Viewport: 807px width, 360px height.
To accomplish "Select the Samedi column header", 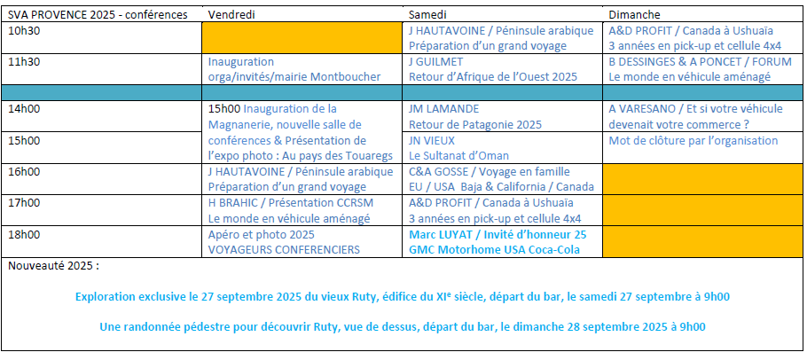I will pos(427,15).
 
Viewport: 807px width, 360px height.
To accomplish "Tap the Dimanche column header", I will pos(634,15).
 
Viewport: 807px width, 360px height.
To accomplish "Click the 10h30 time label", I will pos(23,30).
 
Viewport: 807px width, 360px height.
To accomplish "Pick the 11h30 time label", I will pos(23,62).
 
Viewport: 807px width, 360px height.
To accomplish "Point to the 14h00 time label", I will pos(23,109).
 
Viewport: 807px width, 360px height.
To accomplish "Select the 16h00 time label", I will pos(23,171).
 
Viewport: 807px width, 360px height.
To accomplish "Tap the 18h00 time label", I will pos(23,234).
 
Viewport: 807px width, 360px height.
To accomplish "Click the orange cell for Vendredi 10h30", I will pos(302,38).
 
